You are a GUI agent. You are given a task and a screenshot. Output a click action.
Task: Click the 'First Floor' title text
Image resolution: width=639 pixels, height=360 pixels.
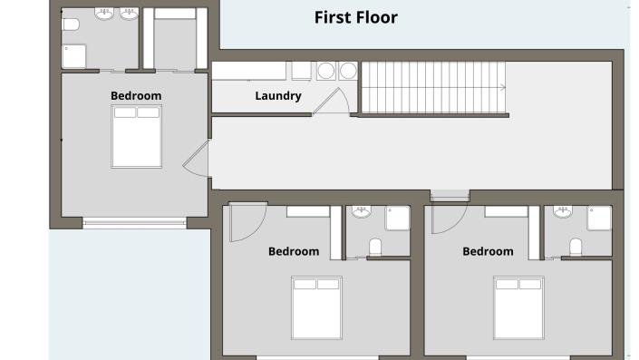click(x=355, y=17)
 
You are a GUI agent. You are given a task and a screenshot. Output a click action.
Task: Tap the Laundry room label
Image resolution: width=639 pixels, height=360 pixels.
click(x=278, y=96)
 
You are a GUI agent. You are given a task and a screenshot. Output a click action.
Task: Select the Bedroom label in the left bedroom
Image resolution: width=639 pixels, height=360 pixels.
click(x=136, y=95)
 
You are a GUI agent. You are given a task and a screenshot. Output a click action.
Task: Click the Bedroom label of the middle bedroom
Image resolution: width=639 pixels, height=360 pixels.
click(x=294, y=251)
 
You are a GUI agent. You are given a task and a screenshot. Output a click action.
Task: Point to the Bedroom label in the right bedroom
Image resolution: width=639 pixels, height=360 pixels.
click(x=488, y=251)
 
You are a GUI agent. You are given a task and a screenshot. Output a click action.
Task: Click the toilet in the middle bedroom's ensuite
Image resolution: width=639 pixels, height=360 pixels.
click(x=376, y=247)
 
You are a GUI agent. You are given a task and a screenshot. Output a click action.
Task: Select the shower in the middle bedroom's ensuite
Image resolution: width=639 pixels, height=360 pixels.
click(x=397, y=218)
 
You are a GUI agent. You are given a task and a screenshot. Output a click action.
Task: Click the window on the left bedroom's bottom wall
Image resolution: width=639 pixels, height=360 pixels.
click(x=133, y=221)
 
